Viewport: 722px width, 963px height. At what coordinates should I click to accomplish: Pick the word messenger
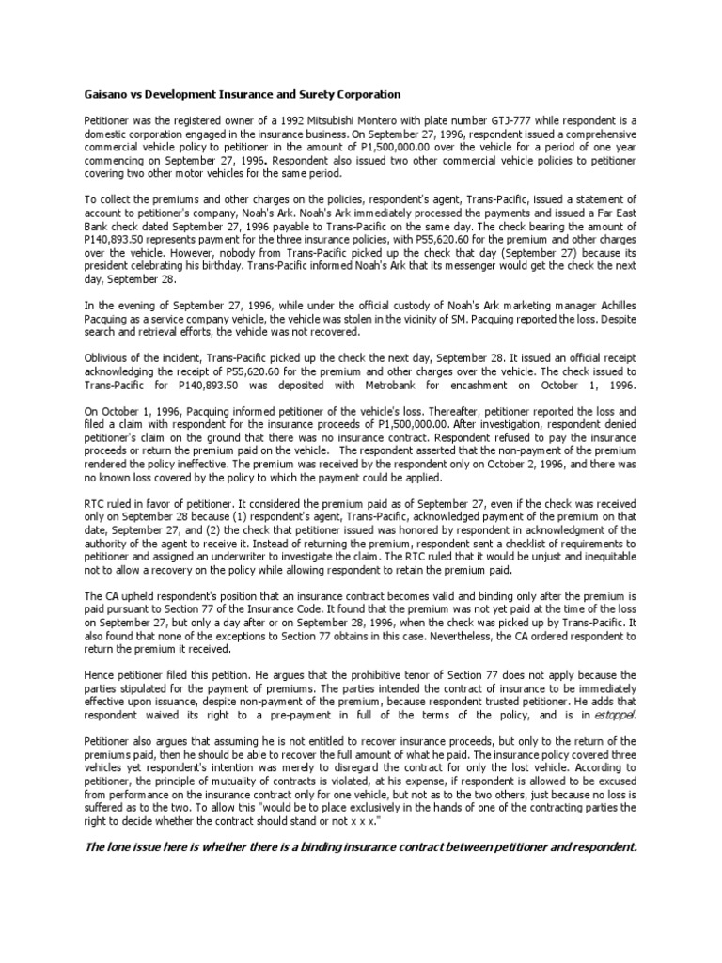pyautogui.click(x=482, y=267)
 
